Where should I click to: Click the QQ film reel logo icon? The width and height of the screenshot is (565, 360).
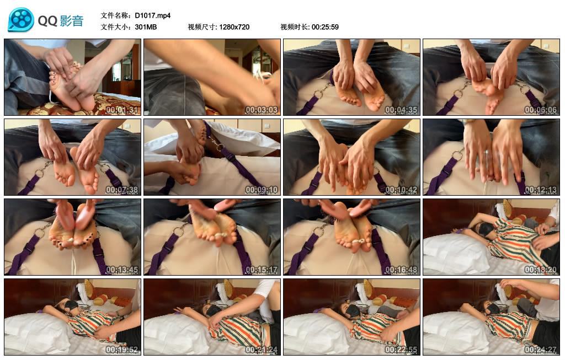coord(21,20)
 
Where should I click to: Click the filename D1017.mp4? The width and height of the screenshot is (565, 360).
coord(153,15)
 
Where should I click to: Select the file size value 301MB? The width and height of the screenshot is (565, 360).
coord(146,26)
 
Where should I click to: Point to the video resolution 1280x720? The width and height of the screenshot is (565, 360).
coord(234,26)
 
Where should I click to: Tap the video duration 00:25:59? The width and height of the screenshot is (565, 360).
coord(325,26)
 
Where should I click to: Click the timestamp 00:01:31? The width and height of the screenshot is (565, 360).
coord(122,110)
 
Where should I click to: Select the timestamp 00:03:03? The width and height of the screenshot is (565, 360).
coord(262,110)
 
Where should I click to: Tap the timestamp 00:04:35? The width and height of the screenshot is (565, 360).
coord(402,110)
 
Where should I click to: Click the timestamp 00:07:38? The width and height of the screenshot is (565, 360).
coord(122,190)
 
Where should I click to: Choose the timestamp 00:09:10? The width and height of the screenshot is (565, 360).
coord(262,190)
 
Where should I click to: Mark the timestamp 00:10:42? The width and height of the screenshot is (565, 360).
coord(402,190)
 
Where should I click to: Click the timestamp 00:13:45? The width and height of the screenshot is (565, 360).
coord(122,270)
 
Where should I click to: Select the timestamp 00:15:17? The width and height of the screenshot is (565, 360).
coord(262,270)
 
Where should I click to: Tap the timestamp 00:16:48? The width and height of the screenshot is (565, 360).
coord(402,270)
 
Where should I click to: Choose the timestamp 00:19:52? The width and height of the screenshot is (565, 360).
coord(122,350)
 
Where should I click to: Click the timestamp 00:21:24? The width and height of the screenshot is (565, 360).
coord(262,350)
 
